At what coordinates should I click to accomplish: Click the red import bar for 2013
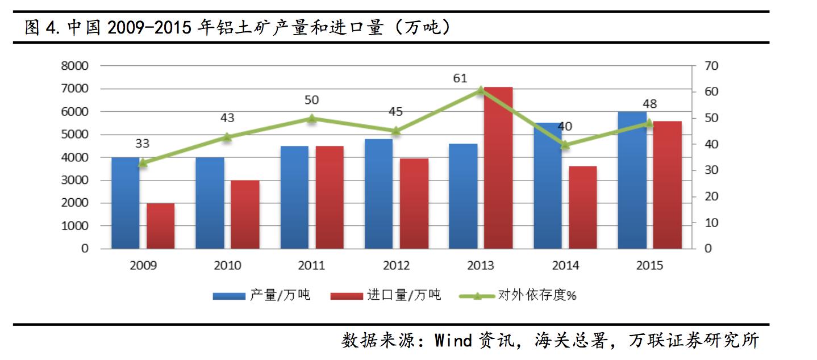(498, 168)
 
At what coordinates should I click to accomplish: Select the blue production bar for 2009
(125, 203)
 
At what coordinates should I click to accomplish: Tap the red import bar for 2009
(160, 226)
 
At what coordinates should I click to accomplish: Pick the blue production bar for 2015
(632, 181)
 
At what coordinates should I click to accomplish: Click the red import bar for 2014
(582, 207)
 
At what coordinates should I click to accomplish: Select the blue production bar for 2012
(378, 194)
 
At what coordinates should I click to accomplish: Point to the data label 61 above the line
(460, 78)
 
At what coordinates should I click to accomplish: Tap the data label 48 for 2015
(649, 104)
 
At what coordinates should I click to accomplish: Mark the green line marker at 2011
(311, 118)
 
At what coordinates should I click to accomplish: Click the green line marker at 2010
(227, 137)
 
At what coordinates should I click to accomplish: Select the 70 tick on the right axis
(711, 66)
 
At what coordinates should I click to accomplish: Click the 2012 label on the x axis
(396, 266)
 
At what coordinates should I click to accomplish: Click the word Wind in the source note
(453, 341)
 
